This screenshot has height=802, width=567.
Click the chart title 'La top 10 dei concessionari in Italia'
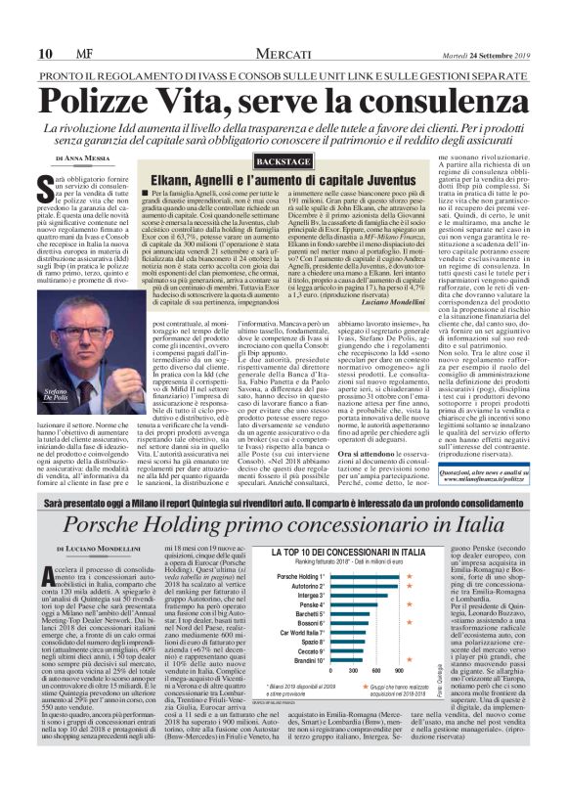point(348,580)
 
